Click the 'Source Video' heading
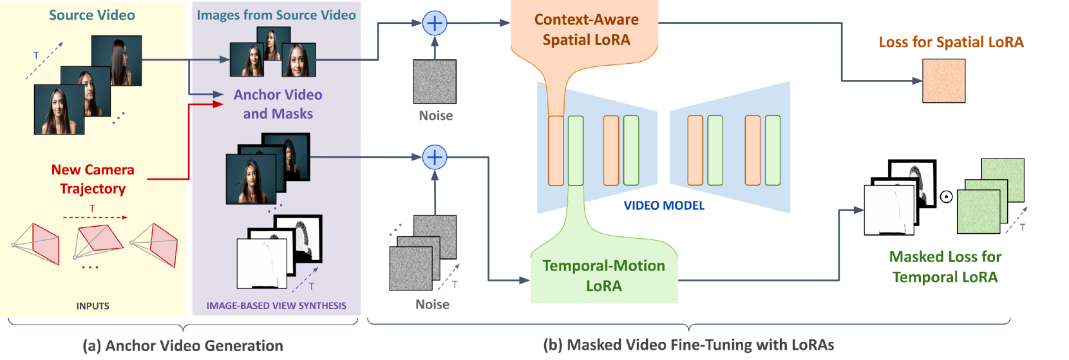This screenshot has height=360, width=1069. (x=92, y=15)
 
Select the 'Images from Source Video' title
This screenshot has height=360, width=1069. (x=276, y=15)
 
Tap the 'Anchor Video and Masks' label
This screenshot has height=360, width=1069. (x=278, y=104)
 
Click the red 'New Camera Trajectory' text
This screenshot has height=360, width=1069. (x=93, y=179)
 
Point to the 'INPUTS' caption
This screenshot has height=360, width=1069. (x=93, y=306)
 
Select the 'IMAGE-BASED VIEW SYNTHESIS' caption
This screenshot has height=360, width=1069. (x=276, y=306)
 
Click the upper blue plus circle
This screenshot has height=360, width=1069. (x=435, y=24)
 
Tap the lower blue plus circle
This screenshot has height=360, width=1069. (x=435, y=157)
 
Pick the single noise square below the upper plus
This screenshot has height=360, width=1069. (x=435, y=82)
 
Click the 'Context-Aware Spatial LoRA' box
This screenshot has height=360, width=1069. (x=585, y=30)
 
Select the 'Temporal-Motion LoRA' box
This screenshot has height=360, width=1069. (x=603, y=276)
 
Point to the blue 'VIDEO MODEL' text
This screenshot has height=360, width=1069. (x=663, y=205)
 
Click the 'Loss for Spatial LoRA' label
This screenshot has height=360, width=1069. (x=951, y=43)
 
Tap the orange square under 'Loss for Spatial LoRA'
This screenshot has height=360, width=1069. (x=943, y=81)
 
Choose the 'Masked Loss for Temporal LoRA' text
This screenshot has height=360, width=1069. (x=945, y=267)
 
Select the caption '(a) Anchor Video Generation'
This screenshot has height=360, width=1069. (x=183, y=346)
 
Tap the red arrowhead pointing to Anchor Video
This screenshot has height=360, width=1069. (x=219, y=103)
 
